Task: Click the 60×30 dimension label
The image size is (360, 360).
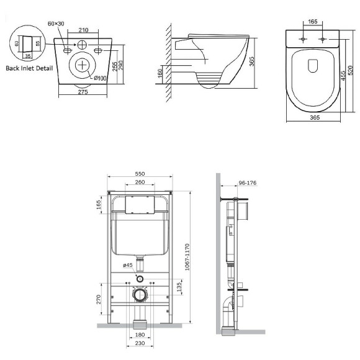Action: click(x=55, y=24)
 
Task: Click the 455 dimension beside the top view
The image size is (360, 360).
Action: click(x=342, y=75)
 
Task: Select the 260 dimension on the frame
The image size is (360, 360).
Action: click(x=139, y=183)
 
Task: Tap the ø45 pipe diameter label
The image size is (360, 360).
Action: click(x=128, y=265)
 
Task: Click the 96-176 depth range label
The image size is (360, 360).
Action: click(x=247, y=182)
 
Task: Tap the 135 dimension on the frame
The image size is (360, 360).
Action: click(x=179, y=287)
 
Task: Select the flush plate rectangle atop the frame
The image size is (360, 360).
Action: click(x=139, y=204)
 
